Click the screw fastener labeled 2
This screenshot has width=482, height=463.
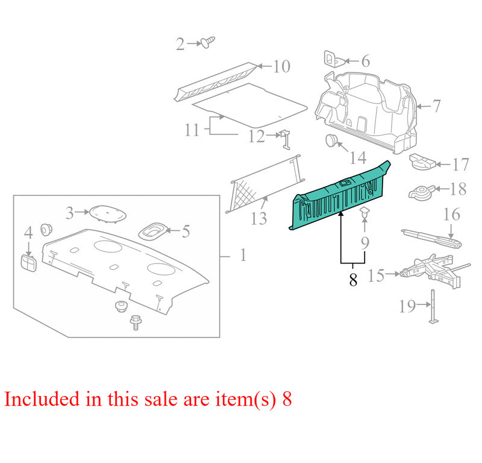click(208, 42)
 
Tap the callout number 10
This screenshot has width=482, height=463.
click(281, 66)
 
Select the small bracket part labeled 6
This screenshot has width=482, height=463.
click(334, 58)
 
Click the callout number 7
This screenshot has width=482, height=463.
click(436, 106)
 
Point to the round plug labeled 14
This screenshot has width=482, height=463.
click(331, 140)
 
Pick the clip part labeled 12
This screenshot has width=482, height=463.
click(286, 139)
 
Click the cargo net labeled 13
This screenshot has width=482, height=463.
click(265, 183)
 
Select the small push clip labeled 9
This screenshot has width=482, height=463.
click(365, 212)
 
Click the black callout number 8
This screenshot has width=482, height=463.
click(353, 279)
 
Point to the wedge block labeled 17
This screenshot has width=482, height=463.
click(422, 161)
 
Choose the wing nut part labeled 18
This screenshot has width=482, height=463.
click(422, 192)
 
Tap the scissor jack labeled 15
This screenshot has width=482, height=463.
click(434, 271)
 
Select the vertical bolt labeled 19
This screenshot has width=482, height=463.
click(433, 306)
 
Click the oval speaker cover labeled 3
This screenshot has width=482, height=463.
click(108, 213)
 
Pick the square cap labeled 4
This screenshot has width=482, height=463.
click(28, 263)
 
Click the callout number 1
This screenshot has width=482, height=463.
click(243, 255)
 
